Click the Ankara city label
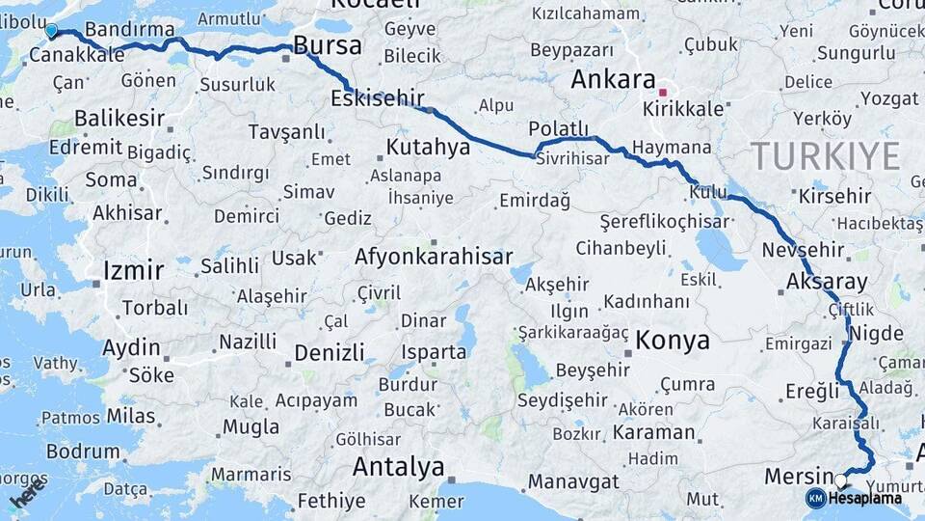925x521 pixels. coord(613,79)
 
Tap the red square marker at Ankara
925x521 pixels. coord(662,93)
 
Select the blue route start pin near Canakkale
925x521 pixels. coord(51,31)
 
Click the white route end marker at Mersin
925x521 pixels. coord(840,480)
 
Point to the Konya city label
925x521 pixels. coord(673,341)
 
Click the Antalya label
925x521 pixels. coord(398,467)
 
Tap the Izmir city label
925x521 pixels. coord(133,270)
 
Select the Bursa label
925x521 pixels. coord(327,45)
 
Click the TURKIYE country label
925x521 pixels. coord(825,155)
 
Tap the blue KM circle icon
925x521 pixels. coord(815,498)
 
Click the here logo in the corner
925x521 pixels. coord(26,497)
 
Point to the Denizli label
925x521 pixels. coord(330,353)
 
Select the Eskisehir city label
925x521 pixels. coord(378,98)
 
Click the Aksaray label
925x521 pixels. coord(827,282)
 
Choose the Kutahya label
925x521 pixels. coord(428,148)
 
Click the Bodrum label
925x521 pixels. coord(82,451)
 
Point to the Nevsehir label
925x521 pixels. coord(803,250)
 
